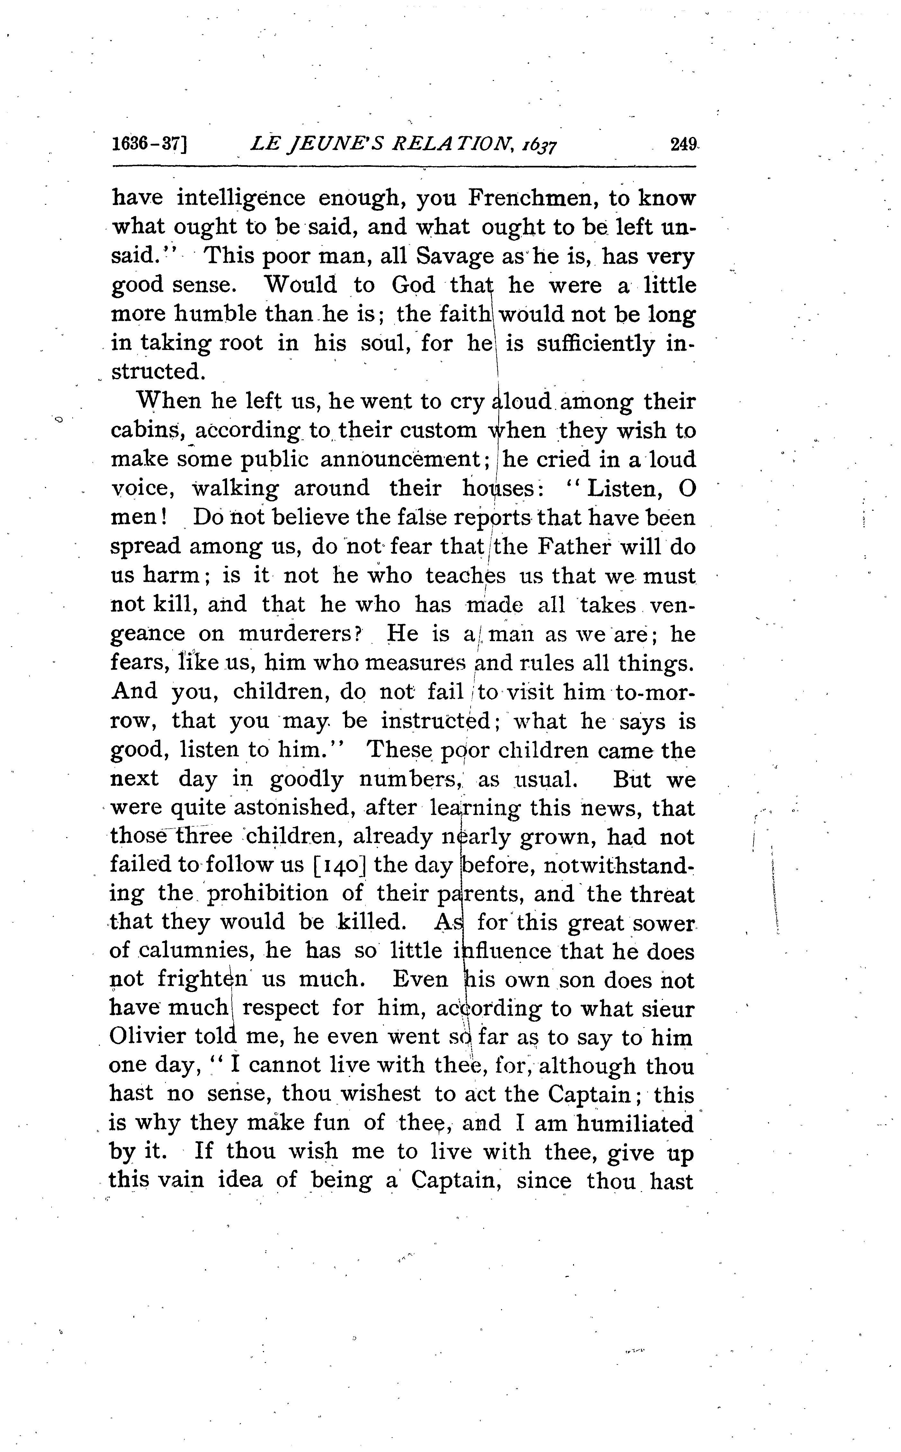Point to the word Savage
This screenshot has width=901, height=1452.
[x=455, y=256]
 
